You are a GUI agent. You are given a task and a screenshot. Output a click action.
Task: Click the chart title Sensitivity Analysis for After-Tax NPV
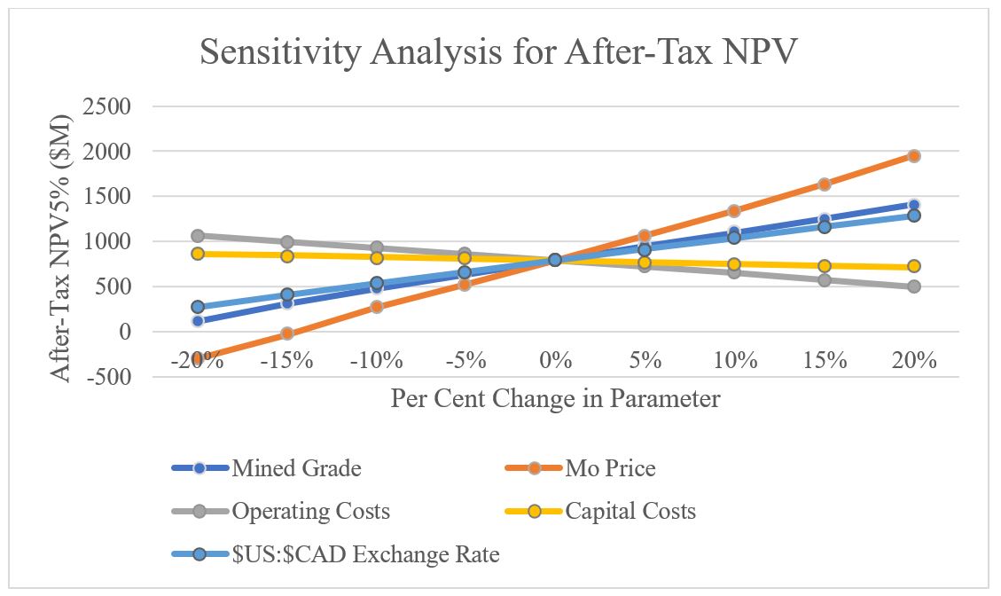tap(499, 52)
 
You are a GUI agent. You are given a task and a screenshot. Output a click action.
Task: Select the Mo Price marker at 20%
tap(913, 156)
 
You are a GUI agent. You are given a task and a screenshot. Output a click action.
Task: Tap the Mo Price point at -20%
tap(198, 357)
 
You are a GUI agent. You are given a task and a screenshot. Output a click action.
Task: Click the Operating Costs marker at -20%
tap(198, 236)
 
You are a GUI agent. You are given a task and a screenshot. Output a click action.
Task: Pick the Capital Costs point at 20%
tap(913, 266)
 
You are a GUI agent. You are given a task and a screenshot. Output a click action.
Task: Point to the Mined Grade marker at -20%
tap(198, 320)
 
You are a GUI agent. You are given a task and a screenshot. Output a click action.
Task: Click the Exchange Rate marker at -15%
tap(287, 294)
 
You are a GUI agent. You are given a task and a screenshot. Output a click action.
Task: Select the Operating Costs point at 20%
tap(913, 286)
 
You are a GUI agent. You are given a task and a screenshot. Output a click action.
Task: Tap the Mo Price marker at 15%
tap(824, 184)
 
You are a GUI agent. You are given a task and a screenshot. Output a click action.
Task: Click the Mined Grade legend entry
tap(296, 468)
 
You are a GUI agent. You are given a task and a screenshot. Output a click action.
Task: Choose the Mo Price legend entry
tap(611, 468)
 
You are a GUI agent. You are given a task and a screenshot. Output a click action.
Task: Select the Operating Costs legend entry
tap(310, 512)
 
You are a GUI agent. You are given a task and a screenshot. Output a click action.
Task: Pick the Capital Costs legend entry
tap(630, 512)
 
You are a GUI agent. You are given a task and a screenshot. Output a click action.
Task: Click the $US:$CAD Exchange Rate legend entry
tap(365, 556)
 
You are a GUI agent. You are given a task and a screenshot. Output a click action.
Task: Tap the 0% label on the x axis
tap(556, 361)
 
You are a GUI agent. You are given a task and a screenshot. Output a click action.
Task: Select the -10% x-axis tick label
tap(376, 361)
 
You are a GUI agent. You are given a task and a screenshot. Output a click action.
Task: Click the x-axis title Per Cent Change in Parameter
tap(555, 399)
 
